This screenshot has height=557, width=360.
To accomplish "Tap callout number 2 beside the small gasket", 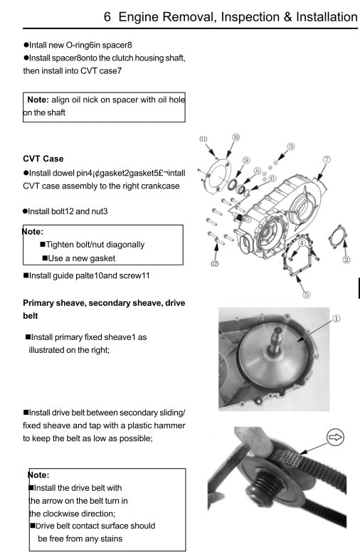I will click(x=346, y=280).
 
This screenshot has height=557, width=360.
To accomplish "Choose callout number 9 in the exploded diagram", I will click(x=245, y=161).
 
